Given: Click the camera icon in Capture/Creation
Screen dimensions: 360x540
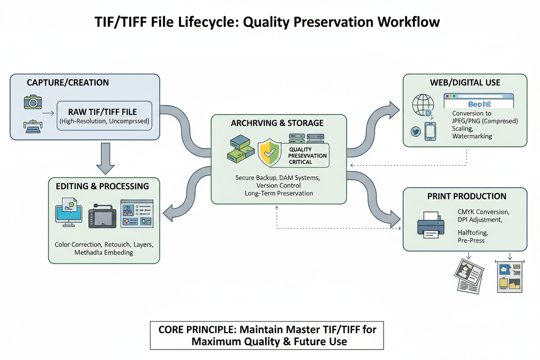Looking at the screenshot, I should coord(33,102).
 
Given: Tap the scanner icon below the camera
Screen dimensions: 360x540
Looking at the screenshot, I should coord(33,126).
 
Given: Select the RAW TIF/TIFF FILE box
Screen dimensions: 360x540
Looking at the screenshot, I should coord(104,116).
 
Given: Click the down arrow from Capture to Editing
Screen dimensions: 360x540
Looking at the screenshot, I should coord(104,158).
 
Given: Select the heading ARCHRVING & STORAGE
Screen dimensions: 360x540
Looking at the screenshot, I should coord(277,123).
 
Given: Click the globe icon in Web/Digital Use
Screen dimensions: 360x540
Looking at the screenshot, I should coord(423,105).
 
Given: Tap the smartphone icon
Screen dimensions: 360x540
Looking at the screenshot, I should coord(430,131).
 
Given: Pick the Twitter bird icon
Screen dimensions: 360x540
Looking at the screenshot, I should coord(416,131).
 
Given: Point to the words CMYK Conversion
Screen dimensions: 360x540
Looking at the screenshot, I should coord(483,212).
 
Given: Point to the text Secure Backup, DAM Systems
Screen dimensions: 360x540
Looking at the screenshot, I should coord(278,177).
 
